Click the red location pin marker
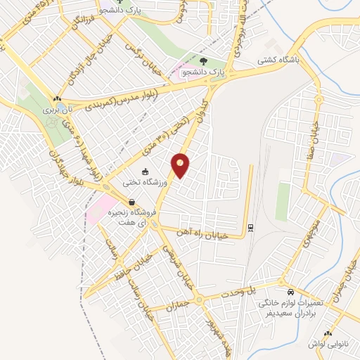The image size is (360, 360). point(181,165)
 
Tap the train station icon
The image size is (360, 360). point(250,227)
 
